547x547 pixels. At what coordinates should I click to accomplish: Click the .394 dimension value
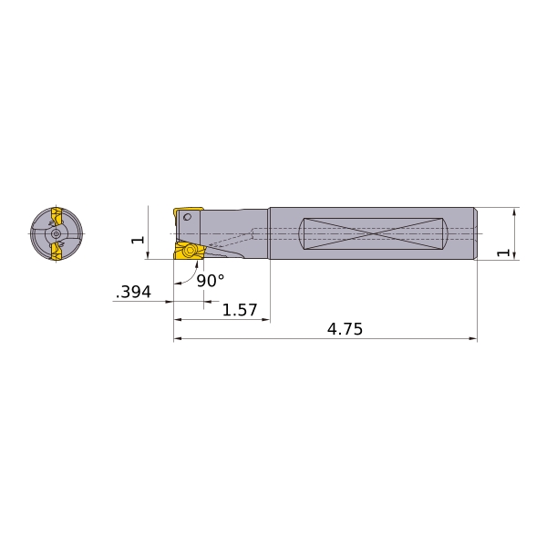click(x=133, y=293)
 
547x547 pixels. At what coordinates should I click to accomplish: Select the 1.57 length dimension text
click(x=240, y=311)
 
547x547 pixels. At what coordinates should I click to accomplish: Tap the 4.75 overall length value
click(x=345, y=330)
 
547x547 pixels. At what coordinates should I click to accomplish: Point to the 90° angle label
click(x=210, y=282)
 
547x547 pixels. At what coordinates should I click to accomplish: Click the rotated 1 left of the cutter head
click(x=138, y=240)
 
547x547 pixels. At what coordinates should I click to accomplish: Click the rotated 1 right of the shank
click(x=502, y=252)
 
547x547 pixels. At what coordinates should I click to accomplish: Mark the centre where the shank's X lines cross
click(x=373, y=233)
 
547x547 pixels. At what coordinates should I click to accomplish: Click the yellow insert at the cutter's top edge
click(x=188, y=212)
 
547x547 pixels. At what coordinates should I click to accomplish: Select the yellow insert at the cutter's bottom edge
click(x=189, y=251)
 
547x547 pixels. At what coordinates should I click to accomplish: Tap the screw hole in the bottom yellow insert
click(x=191, y=251)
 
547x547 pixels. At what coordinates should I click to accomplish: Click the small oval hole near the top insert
click(x=188, y=217)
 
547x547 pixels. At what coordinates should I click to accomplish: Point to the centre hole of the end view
click(x=57, y=233)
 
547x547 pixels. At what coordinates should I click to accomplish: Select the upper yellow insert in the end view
click(x=57, y=216)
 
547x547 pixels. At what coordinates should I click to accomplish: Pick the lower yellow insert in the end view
click(x=57, y=252)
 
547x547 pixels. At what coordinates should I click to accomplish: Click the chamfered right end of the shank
click(x=475, y=233)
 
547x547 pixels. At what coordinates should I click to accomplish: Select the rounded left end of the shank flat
click(x=301, y=233)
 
